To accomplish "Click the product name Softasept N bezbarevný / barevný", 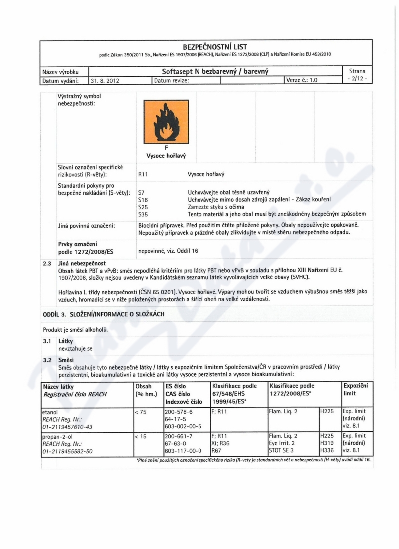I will [x=215, y=71].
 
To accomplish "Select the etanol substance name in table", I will [x=49, y=412].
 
